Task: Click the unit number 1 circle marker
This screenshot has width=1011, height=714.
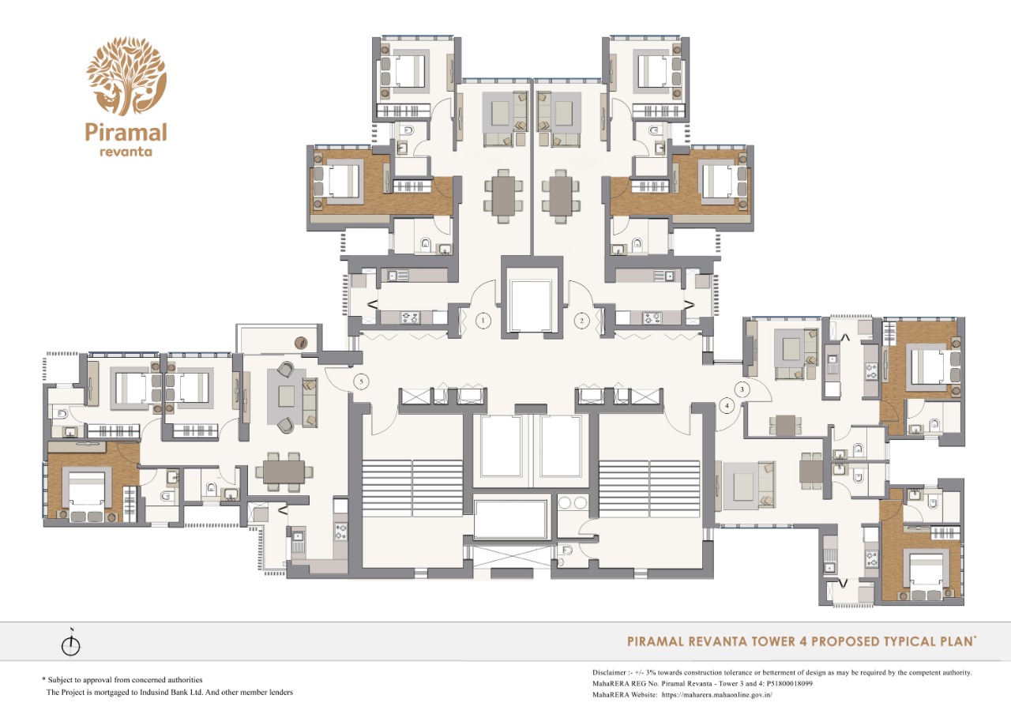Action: [483, 321]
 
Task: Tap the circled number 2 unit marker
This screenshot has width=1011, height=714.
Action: [582, 321]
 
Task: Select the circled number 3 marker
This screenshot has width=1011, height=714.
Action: [742, 389]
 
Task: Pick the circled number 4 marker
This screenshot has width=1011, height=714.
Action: [727, 406]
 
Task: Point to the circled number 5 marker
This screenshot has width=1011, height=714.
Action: [361, 381]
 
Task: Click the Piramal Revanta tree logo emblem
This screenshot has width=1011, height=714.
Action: [126, 76]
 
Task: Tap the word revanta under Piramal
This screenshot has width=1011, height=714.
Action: [126, 152]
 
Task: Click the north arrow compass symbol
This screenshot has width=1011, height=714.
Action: [71, 643]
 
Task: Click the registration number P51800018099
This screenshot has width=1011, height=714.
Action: [789, 683]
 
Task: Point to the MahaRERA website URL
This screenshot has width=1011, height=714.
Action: [716, 694]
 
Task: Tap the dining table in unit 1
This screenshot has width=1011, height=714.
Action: [503, 196]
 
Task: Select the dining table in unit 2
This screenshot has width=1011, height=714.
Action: [561, 196]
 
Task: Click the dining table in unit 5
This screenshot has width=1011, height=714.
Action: [284, 472]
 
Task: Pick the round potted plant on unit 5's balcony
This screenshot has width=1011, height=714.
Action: [301, 343]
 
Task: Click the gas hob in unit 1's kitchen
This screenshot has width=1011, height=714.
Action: [410, 318]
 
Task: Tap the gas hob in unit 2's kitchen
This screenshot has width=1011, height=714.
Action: [652, 318]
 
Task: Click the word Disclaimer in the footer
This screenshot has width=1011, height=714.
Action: [609, 672]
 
